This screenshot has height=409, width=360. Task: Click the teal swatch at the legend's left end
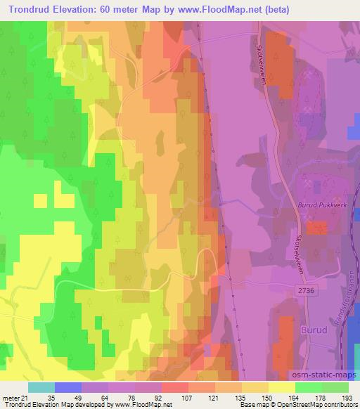click(41, 387)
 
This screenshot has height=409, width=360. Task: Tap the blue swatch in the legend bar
click(67, 387)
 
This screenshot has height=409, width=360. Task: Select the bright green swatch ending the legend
click(335, 387)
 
